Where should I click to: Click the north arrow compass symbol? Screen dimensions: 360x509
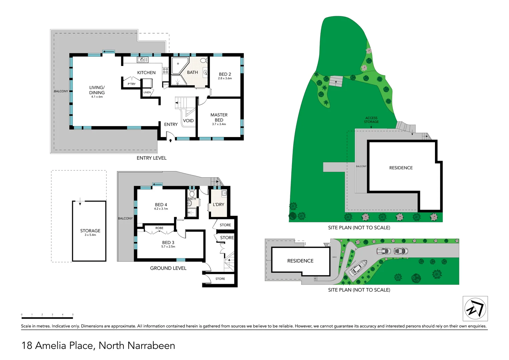click(475, 308)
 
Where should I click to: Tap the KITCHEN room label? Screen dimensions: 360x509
click(146, 73)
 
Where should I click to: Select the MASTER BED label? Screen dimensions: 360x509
click(219, 117)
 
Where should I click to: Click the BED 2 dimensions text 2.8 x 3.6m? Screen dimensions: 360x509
click(225, 79)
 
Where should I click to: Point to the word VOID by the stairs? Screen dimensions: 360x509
click(188, 121)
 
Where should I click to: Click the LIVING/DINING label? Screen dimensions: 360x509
click(97, 90)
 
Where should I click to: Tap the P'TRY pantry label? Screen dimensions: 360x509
click(132, 84)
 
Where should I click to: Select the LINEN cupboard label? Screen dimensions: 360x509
click(147, 92)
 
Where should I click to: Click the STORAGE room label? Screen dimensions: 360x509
click(90, 231)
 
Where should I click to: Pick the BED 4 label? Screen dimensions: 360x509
click(161, 205)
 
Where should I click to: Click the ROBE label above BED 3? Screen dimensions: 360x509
click(159, 228)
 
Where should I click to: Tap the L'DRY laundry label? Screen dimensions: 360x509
click(219, 204)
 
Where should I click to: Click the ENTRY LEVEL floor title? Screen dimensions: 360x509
click(151, 158)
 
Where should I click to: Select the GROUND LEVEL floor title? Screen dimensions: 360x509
click(168, 268)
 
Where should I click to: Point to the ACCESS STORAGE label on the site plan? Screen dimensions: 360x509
click(371, 120)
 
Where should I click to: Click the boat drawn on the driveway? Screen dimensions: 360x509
click(358, 267)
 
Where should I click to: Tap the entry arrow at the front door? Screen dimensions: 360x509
click(171, 141)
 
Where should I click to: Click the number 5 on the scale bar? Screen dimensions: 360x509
click(73, 314)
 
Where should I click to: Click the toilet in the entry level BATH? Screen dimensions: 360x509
click(203, 61)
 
